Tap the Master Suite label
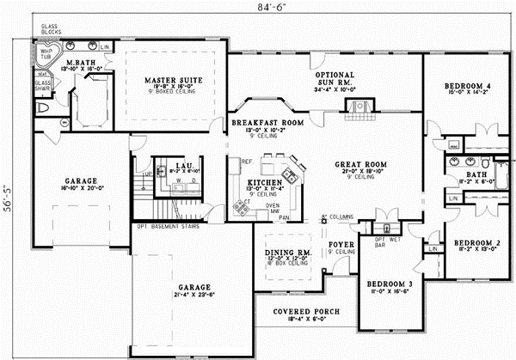pyautogui.click(x=172, y=80)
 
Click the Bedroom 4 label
pyautogui.click(x=466, y=86)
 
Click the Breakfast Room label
pyautogui.click(x=268, y=124)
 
